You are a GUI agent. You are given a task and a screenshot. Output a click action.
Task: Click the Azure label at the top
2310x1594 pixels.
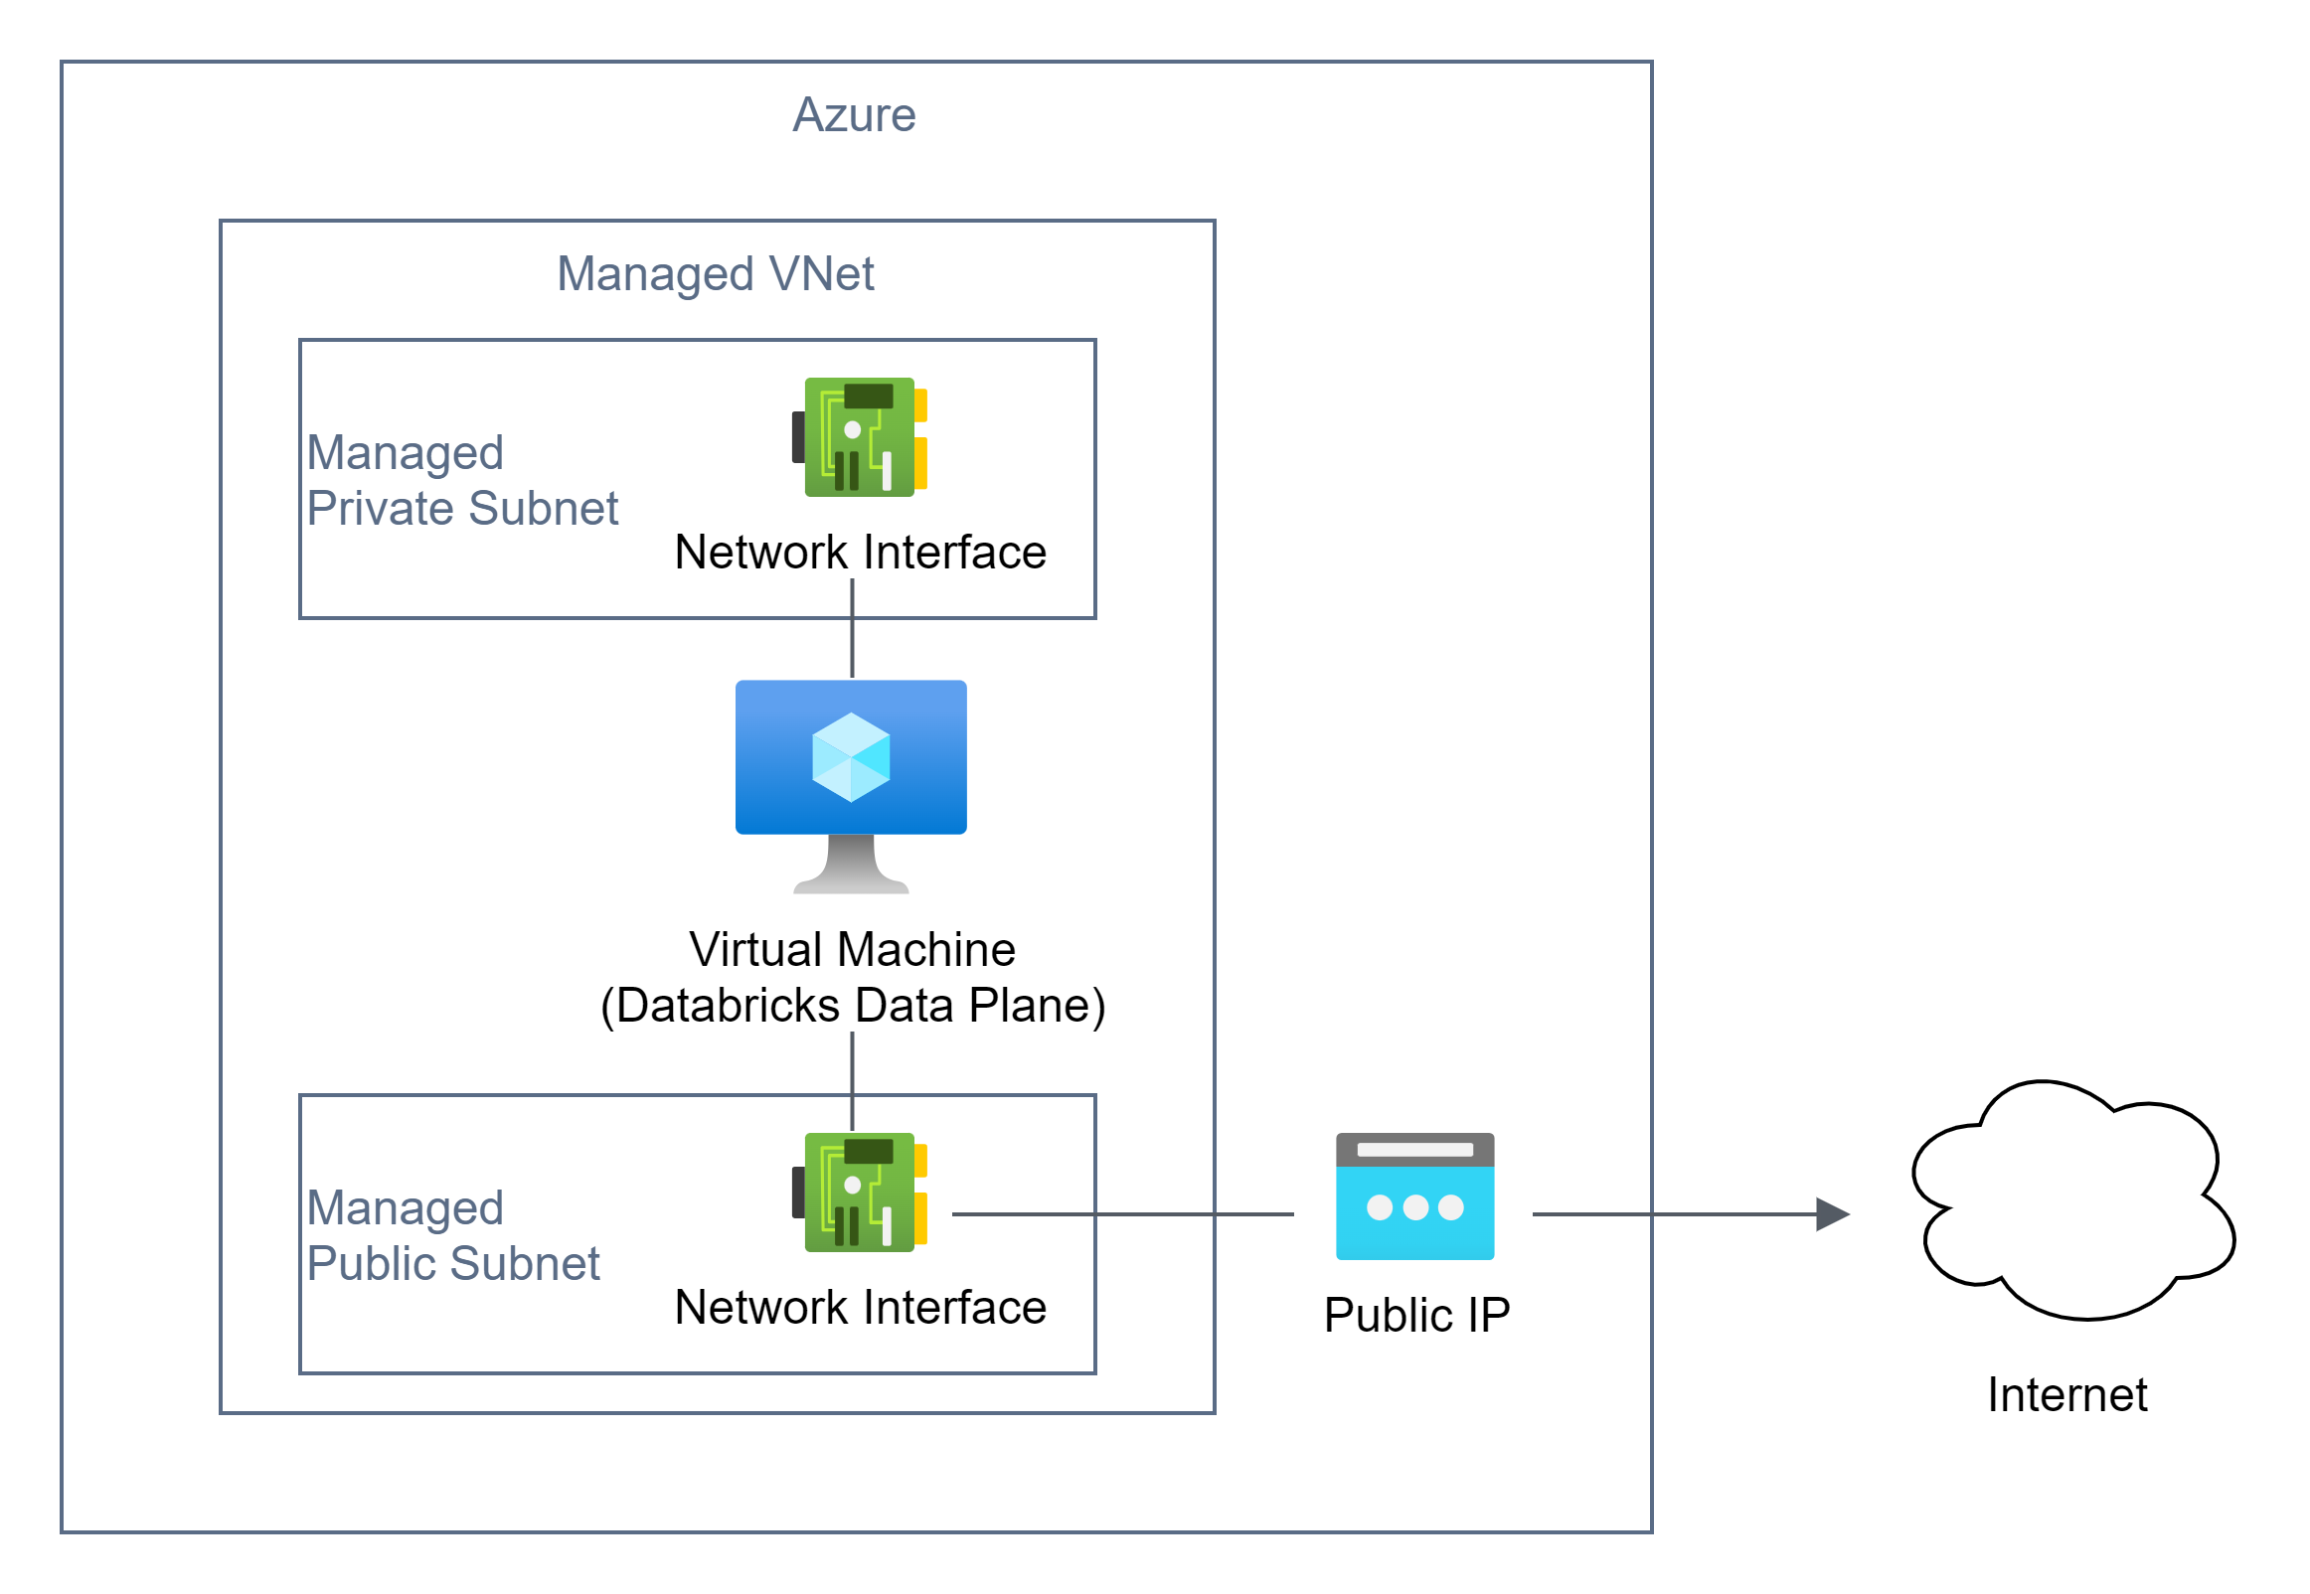[x=854, y=115]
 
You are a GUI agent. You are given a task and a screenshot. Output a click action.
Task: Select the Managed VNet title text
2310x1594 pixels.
[x=715, y=273]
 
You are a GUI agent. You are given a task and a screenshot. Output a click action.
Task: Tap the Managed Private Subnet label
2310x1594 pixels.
[x=461, y=480]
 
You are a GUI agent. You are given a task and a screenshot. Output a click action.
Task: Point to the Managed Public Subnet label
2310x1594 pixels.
[x=452, y=1235]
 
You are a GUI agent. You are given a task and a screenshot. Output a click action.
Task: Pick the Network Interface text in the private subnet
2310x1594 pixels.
[x=860, y=553]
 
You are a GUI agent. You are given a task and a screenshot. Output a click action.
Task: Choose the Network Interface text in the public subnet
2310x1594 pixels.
[x=860, y=1308]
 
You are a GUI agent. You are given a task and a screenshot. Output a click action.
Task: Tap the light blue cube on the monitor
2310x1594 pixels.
[x=851, y=757]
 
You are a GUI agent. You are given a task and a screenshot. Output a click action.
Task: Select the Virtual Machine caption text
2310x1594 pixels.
[x=852, y=949]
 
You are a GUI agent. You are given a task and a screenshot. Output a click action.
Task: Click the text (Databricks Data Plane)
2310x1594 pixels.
[x=852, y=1005]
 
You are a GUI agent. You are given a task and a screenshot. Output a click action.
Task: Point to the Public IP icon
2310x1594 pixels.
[x=1415, y=1196]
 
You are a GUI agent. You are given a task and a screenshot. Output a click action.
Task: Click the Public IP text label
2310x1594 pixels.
[x=1416, y=1315]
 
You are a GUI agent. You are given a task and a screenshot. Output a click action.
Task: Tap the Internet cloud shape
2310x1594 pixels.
[x=2072, y=1198]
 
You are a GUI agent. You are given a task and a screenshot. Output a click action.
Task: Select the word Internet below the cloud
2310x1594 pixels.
[x=2066, y=1394]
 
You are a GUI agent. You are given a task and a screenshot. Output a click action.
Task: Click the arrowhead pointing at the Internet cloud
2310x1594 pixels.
[x=1832, y=1214]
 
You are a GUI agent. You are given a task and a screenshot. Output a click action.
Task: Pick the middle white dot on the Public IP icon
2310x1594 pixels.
[x=1415, y=1207]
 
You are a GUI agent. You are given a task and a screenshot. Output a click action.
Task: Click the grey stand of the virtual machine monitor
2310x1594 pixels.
[x=851, y=865]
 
